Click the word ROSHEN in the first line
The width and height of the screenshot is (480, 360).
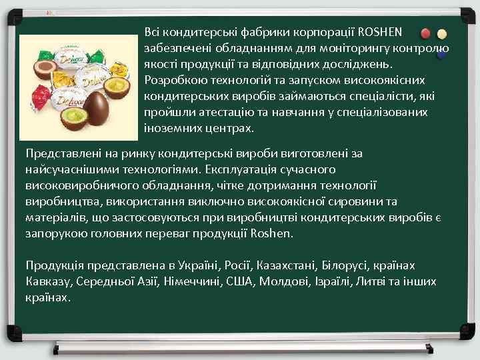click(380, 32)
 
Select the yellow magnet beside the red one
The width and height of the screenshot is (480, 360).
click(442, 35)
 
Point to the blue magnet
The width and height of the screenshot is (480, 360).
click(441, 56)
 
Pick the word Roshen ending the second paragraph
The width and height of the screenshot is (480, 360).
click(273, 235)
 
